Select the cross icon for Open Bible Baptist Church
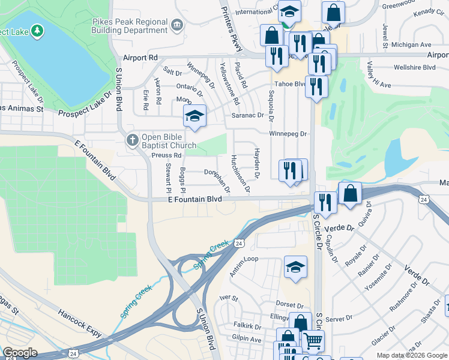point(132,140)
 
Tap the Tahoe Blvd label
point(290,84)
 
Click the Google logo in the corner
point(20,353)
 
